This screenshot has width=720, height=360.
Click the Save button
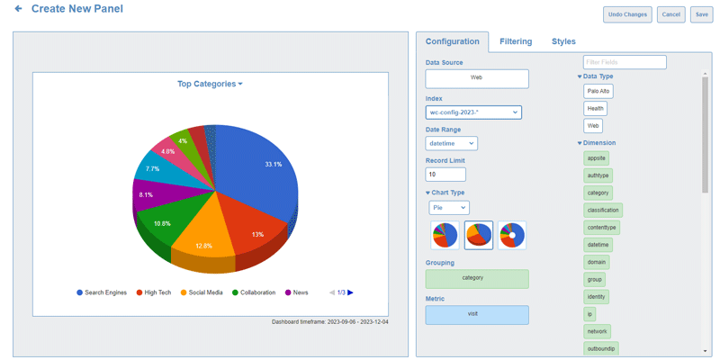701,14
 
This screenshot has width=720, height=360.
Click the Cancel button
670,14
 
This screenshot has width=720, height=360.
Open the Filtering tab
516,41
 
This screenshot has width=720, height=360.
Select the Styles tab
563,41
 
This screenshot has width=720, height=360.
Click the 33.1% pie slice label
274,165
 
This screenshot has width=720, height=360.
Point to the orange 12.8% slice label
203,246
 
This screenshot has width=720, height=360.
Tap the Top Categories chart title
210,84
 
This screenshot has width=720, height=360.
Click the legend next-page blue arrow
351,292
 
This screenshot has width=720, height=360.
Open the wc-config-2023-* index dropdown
473,112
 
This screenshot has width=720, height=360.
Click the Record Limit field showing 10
445,175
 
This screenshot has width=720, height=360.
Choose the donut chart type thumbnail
511,235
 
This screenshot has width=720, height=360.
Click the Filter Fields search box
625,62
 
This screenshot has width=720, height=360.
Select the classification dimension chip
602,211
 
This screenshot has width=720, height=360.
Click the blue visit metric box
477,315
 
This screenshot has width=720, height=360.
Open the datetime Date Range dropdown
451,143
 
